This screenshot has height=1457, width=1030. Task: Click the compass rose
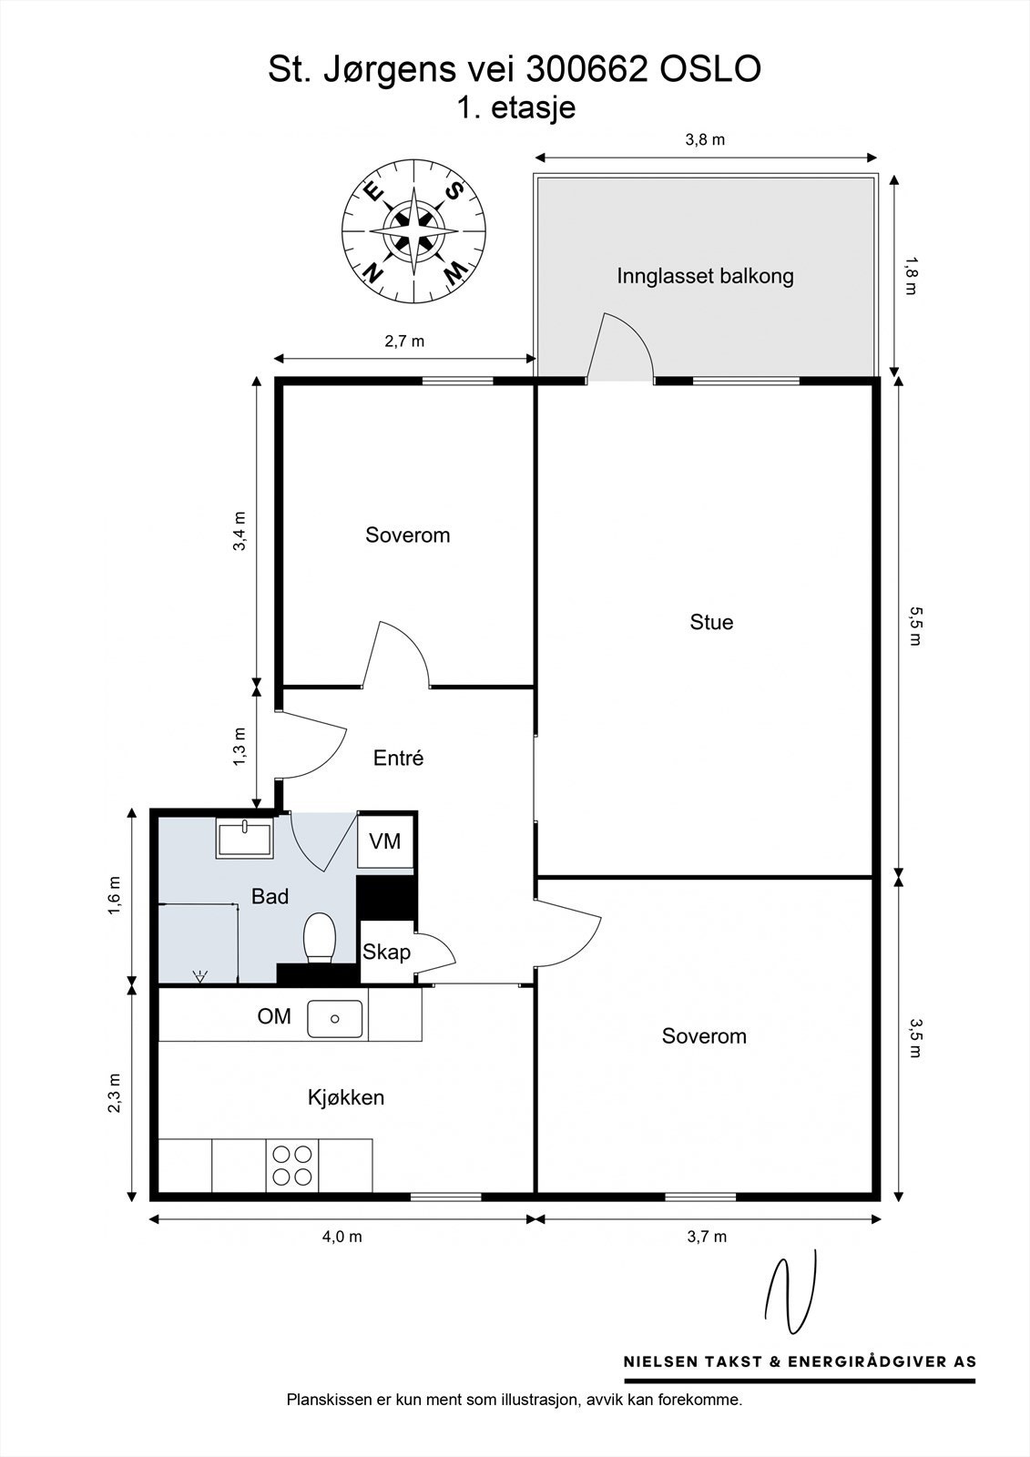click(x=414, y=231)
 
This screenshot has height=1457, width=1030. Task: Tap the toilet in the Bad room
click(x=319, y=937)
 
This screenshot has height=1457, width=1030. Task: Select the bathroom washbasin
click(x=245, y=839)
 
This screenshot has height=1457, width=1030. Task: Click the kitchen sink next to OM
click(x=334, y=1019)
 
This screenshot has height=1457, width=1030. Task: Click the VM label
click(x=384, y=841)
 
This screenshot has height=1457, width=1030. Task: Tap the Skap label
click(x=386, y=953)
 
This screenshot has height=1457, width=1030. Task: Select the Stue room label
click(x=711, y=622)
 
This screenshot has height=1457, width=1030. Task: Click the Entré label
click(x=398, y=758)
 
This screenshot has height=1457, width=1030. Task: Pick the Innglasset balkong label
click(x=705, y=276)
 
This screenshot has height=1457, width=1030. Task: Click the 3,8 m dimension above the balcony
click(x=705, y=139)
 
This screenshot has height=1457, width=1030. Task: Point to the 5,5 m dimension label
click(x=915, y=626)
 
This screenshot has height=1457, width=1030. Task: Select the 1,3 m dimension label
click(x=240, y=746)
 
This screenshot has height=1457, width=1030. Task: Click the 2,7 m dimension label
click(x=404, y=341)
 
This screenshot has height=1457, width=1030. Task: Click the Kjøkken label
click(x=345, y=1097)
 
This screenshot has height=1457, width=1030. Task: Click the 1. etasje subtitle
click(x=516, y=108)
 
